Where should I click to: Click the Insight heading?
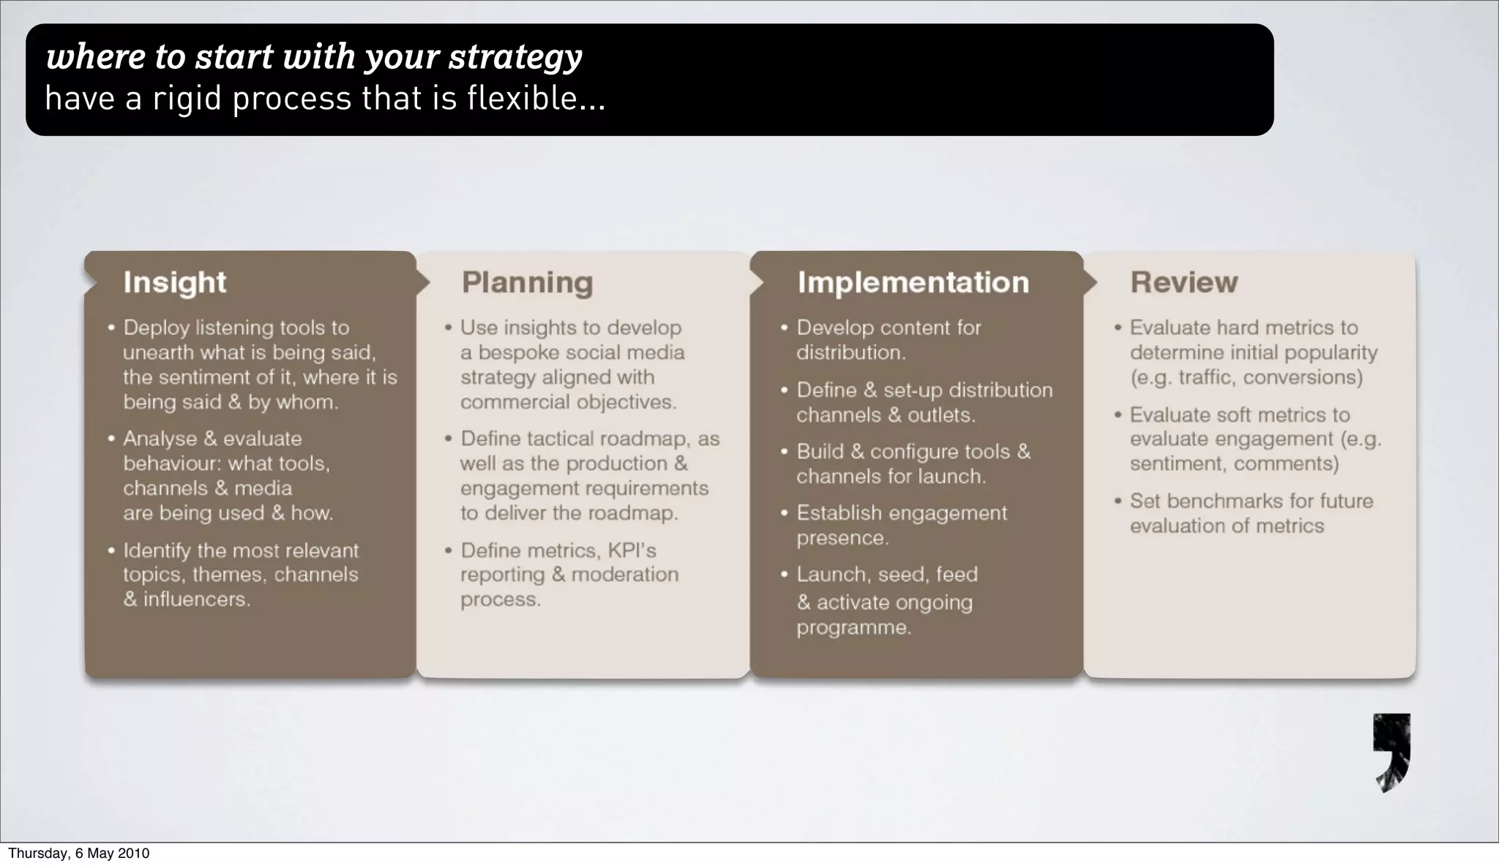coord(174,282)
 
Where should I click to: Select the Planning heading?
coord(527,282)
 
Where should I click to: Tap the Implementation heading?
coord(913,282)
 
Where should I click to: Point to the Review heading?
coord(1184,282)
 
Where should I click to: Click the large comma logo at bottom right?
coord(1391,753)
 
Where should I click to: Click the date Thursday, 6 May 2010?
coord(78,853)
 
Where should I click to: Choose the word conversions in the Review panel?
coord(1302,377)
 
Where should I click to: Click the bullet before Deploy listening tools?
coord(111,328)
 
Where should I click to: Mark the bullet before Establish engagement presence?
coord(785,513)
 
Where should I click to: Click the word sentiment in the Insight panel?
coord(185,377)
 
